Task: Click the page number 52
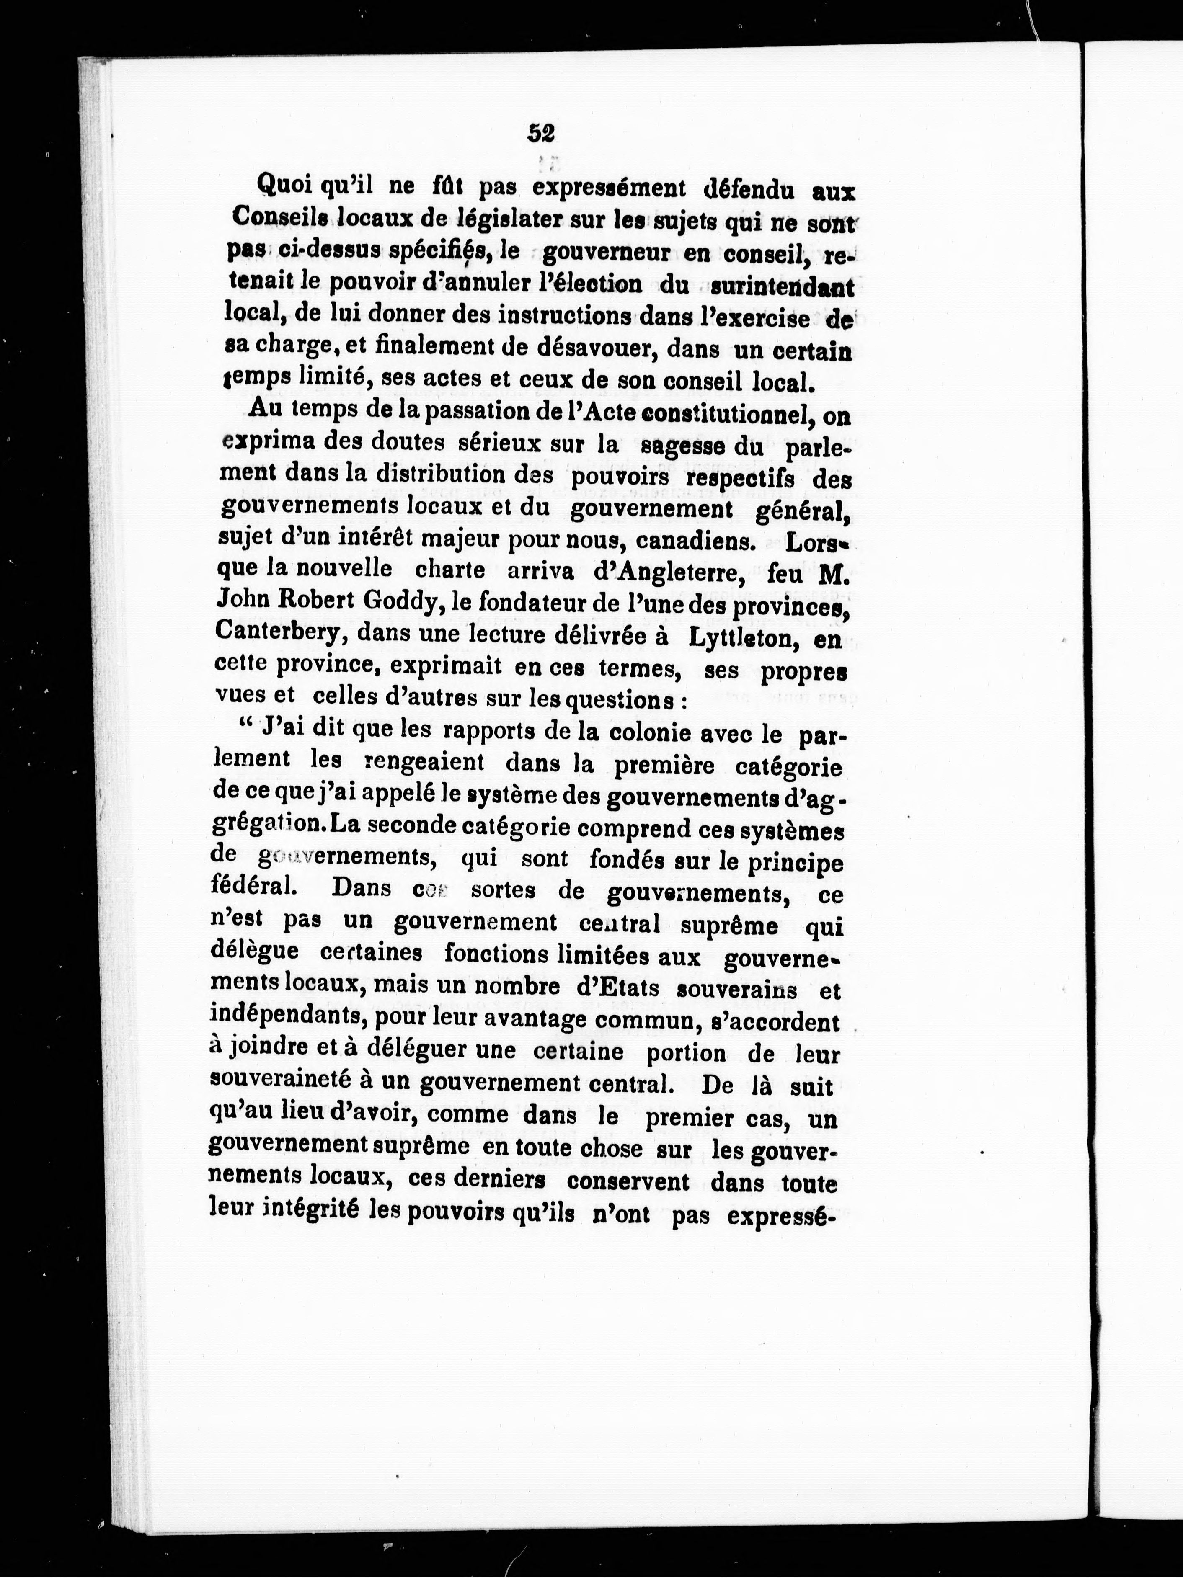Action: tap(542, 133)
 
